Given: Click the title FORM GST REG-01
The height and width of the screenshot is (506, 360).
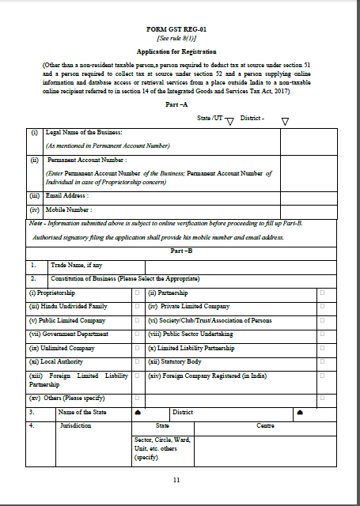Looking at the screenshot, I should click(x=180, y=28).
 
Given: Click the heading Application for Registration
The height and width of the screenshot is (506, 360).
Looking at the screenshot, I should click(x=180, y=48).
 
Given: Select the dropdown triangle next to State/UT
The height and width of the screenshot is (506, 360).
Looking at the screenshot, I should click(x=229, y=121).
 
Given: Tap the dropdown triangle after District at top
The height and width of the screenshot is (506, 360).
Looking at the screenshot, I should click(x=285, y=121).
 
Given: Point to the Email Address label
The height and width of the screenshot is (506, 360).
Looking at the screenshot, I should click(x=67, y=195).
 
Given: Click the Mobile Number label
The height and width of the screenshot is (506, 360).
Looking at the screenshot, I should click(x=69, y=210).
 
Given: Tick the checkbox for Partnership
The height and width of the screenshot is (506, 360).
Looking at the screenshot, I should click(x=322, y=293).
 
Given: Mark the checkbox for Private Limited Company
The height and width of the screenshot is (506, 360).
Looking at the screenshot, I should click(x=322, y=307).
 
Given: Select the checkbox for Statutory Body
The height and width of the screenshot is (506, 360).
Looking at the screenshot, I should click(x=322, y=361).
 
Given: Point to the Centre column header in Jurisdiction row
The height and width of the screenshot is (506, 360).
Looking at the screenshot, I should click(x=265, y=425).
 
